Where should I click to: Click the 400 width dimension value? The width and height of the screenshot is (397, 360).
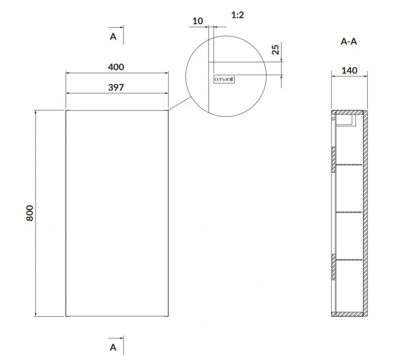point(116,67)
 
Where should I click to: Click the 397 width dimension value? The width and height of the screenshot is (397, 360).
point(116,87)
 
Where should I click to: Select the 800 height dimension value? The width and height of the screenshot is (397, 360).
point(30,213)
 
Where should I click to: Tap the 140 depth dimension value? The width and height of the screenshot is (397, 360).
point(349,71)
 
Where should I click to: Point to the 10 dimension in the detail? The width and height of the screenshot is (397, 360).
point(197,21)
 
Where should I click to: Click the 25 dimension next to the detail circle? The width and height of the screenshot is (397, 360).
point(276,49)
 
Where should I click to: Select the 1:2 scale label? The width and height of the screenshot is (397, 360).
point(238,15)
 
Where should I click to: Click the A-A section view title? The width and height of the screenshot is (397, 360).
point(349,41)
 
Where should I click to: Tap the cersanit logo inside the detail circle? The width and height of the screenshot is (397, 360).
point(224,79)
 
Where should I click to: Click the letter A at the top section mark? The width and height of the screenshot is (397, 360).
point(113,37)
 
